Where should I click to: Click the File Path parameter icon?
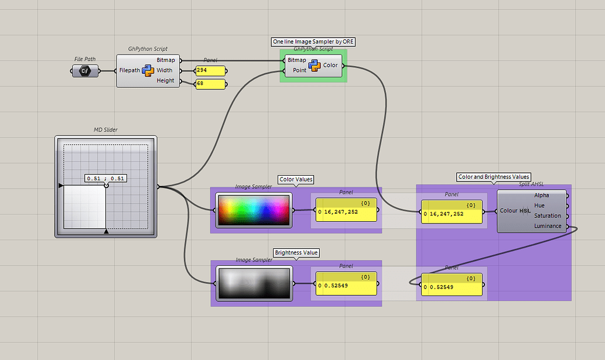pyautogui.click(x=85, y=71)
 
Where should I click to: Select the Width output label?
pyautogui.click(x=165, y=70)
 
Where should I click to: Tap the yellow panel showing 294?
pyautogui.click(x=210, y=70)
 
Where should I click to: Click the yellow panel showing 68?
pyautogui.click(x=210, y=84)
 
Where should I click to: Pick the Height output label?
pyautogui.click(x=165, y=81)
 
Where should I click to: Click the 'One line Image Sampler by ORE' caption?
pyautogui.click(x=314, y=42)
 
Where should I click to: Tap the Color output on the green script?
pyautogui.click(x=330, y=65)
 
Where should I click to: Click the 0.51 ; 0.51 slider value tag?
pyautogui.click(x=106, y=178)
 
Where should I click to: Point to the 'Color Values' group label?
pyautogui.click(x=296, y=179)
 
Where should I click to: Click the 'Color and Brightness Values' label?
pyautogui.click(x=494, y=176)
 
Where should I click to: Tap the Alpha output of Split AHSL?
pyautogui.click(x=542, y=196)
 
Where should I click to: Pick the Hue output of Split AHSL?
pyautogui.click(x=539, y=205)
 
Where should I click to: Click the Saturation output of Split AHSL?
pyautogui.click(x=547, y=216)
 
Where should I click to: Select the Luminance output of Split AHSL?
pyautogui.click(x=548, y=226)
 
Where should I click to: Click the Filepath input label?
pyautogui.click(x=129, y=70)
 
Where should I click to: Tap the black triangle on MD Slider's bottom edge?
pyautogui.click(x=106, y=232)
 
